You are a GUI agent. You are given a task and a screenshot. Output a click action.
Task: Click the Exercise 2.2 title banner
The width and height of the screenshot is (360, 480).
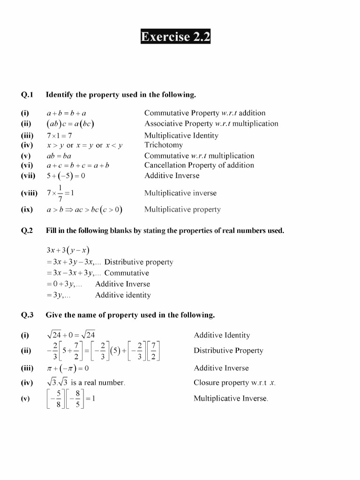click(x=176, y=37)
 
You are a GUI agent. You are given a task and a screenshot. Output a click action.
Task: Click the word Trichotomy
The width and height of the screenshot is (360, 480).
click(x=164, y=145)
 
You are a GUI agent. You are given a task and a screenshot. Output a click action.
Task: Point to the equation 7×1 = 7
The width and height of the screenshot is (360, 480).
click(x=59, y=135)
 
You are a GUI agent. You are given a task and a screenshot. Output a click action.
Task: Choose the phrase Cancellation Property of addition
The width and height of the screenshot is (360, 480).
click(x=199, y=165)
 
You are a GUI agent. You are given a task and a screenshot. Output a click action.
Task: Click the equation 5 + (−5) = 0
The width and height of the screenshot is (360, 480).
click(x=66, y=176)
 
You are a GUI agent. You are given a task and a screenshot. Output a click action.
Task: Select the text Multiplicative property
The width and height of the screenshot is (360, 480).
click(x=182, y=210)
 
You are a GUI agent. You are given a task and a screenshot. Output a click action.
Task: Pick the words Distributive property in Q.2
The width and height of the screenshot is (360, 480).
click(x=139, y=262)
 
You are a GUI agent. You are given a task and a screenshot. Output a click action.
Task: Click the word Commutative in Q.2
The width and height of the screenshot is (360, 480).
click(x=127, y=273)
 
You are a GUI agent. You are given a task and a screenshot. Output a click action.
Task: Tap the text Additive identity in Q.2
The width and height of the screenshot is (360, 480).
click(x=123, y=295)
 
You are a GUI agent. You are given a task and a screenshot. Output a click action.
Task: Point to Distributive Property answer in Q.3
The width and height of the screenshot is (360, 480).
click(x=228, y=351)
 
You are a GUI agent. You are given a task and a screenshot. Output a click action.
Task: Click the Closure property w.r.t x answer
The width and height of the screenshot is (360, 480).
click(x=234, y=382)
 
